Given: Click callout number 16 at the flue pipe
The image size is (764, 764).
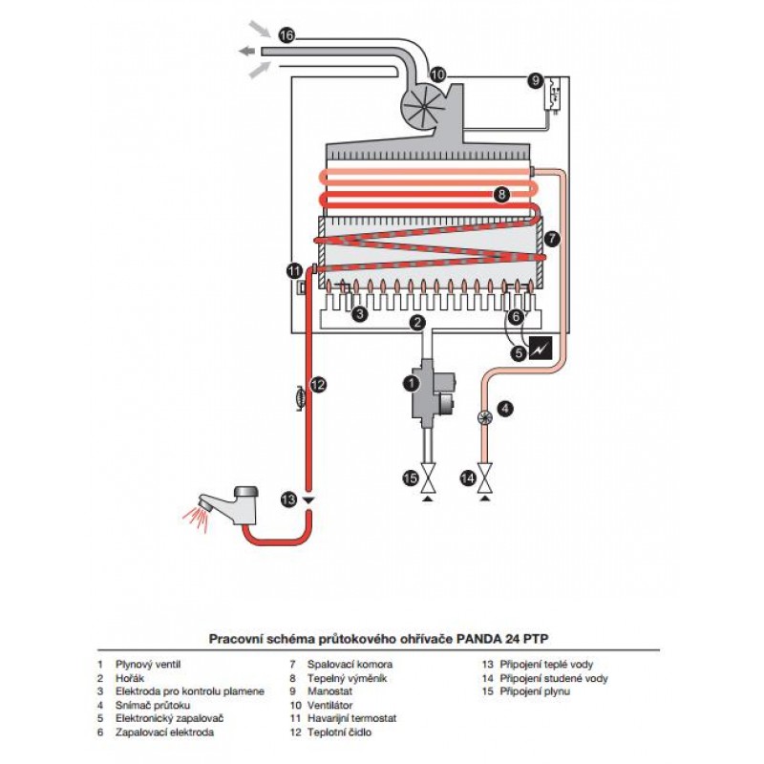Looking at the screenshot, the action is click(x=287, y=35).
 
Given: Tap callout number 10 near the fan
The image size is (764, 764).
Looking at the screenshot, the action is click(x=437, y=74).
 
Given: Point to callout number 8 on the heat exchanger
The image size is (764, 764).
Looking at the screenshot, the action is click(x=501, y=195).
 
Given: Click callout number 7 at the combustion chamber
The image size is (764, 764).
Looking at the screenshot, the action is click(x=552, y=239).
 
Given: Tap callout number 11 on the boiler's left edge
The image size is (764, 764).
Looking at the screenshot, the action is click(x=295, y=270).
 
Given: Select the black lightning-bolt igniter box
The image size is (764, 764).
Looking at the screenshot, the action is click(x=541, y=348).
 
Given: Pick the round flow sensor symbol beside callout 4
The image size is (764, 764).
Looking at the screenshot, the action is click(x=485, y=417).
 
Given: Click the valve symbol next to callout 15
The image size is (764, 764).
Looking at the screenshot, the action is click(x=428, y=478).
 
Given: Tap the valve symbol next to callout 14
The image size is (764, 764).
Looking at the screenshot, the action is click(x=485, y=478).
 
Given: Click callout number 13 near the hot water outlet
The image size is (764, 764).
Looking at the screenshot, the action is click(x=289, y=499).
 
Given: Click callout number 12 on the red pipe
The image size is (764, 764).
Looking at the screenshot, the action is click(x=318, y=385).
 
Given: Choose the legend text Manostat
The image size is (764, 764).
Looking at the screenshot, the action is click(x=329, y=690).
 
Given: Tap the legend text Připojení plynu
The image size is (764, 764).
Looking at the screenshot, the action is click(x=535, y=690).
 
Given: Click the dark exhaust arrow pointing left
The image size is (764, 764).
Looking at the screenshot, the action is click(x=246, y=51).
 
